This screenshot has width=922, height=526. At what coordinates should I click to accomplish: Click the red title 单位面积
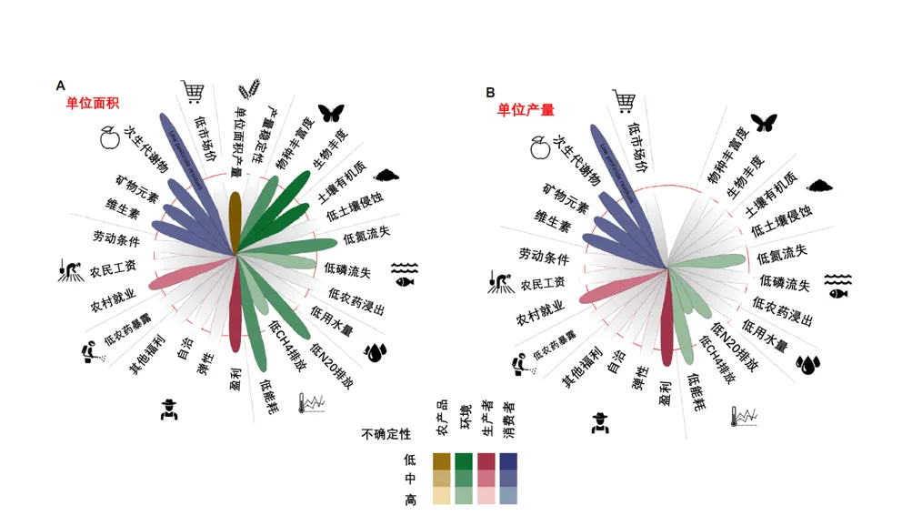coord(93,103)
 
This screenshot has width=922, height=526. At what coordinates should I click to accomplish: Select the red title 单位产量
coord(526,109)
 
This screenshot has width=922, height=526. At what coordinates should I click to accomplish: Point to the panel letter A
coord(61,86)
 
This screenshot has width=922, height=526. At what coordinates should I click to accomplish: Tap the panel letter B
coord(490,92)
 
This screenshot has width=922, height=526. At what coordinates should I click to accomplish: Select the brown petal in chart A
coord(235,217)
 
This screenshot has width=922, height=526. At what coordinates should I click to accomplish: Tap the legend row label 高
coord(410,500)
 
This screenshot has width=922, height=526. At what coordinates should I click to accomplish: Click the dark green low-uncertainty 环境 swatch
coord(464,460)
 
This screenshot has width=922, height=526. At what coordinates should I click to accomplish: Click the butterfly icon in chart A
coord(329,113)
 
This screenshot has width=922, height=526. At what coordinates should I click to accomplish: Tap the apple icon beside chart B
coord(538,144)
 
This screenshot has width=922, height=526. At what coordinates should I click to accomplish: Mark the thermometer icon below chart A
coord(312,403)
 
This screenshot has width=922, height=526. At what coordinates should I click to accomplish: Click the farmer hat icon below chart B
coord(599,421)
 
